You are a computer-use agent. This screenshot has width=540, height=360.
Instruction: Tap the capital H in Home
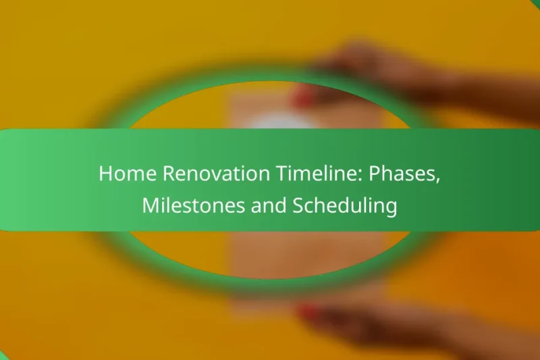(x=105, y=174)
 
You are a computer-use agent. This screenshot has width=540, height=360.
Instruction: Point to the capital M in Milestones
(x=150, y=207)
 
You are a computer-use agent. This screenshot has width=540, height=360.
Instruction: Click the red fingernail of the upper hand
(x=302, y=99)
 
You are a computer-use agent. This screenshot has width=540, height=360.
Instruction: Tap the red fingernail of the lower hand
(x=308, y=312)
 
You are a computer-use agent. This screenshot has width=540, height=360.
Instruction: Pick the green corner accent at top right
(x=535, y=3)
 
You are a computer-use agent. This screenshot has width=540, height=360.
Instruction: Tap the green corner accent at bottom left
(x=4, y=355)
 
